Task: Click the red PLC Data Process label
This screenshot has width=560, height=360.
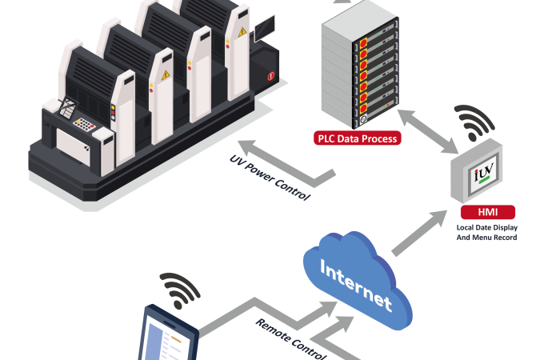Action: point(356,138)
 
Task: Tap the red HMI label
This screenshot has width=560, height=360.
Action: point(487,213)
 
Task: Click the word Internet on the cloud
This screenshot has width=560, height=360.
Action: point(357,282)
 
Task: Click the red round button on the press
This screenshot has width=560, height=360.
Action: point(271,78)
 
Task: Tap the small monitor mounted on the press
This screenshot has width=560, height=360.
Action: point(265,28)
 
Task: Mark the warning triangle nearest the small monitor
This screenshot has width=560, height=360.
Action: point(242,32)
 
